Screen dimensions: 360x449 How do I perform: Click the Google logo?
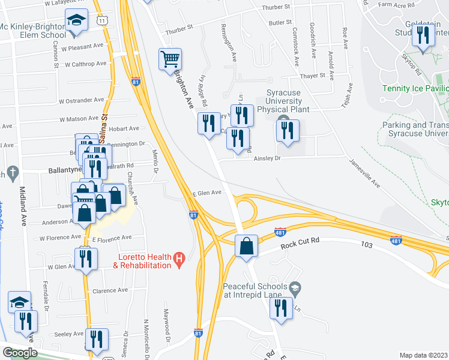click(x=20, y=353)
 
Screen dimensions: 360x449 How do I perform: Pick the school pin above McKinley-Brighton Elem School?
click(x=76, y=21)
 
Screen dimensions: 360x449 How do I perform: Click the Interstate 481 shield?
click(x=280, y=232)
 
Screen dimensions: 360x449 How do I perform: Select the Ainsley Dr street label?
click(x=267, y=158)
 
